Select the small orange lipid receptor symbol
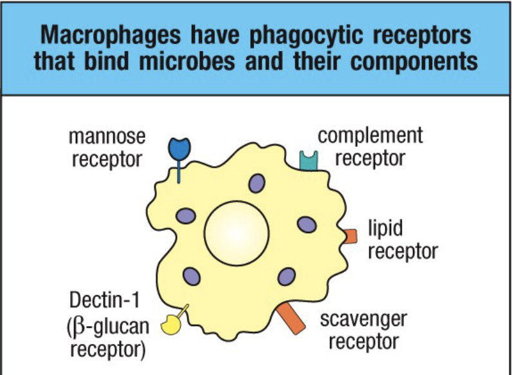pyautogui.click(x=349, y=236)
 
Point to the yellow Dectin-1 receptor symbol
pyautogui.click(x=170, y=323)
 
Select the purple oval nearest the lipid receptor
pyautogui.click(x=307, y=224)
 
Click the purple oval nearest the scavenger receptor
pyautogui.click(x=286, y=276)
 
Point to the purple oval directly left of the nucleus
pyautogui.click(x=187, y=216)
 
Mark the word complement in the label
pyautogui.click(x=370, y=136)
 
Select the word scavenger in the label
pyautogui.click(x=363, y=318)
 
